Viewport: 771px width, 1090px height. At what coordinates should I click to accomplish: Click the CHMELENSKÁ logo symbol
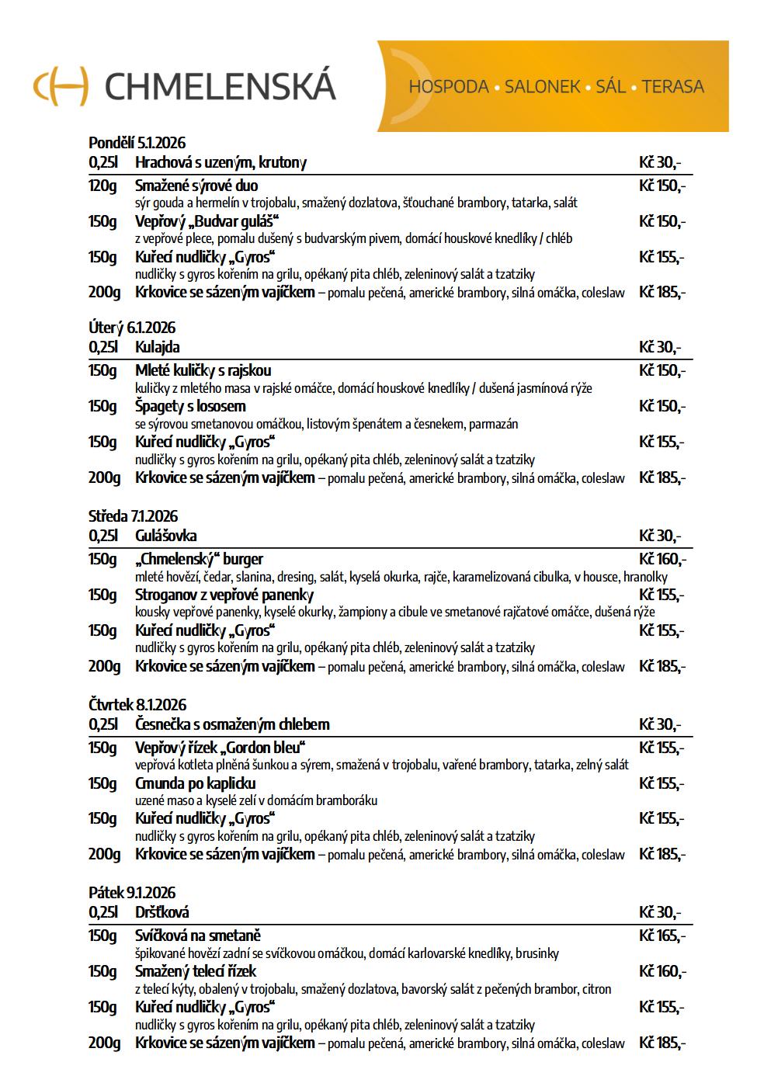coord(61,85)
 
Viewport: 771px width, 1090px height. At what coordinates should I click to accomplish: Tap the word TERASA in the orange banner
coord(673,87)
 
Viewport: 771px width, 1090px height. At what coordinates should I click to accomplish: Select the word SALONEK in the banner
coord(542,87)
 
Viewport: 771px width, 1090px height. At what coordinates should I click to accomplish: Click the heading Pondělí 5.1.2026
coord(137,143)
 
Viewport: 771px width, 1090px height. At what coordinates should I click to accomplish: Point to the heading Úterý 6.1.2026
coord(132,328)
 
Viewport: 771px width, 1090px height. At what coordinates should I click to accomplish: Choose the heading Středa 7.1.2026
coord(133,516)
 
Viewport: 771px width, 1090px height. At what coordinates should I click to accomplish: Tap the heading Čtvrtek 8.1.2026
coord(137,705)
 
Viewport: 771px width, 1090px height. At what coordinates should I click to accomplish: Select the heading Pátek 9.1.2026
coord(132,893)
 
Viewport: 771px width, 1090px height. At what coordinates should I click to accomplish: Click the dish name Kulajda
coord(157,347)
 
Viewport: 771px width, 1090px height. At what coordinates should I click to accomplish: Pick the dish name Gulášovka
coord(165,536)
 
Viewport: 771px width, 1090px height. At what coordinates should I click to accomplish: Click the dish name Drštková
coord(161,912)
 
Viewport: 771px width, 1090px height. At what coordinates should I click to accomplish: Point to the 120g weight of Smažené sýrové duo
coord(102,186)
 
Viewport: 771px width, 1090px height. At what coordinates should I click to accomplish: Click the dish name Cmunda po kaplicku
coord(195,783)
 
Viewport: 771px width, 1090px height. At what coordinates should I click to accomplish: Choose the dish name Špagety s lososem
coord(190,406)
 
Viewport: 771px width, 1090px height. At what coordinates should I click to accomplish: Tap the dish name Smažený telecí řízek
coord(195,971)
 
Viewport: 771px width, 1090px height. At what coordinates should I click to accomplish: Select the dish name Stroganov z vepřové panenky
coord(224,595)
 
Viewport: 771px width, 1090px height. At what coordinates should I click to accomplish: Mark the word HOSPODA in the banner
coord(448,87)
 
